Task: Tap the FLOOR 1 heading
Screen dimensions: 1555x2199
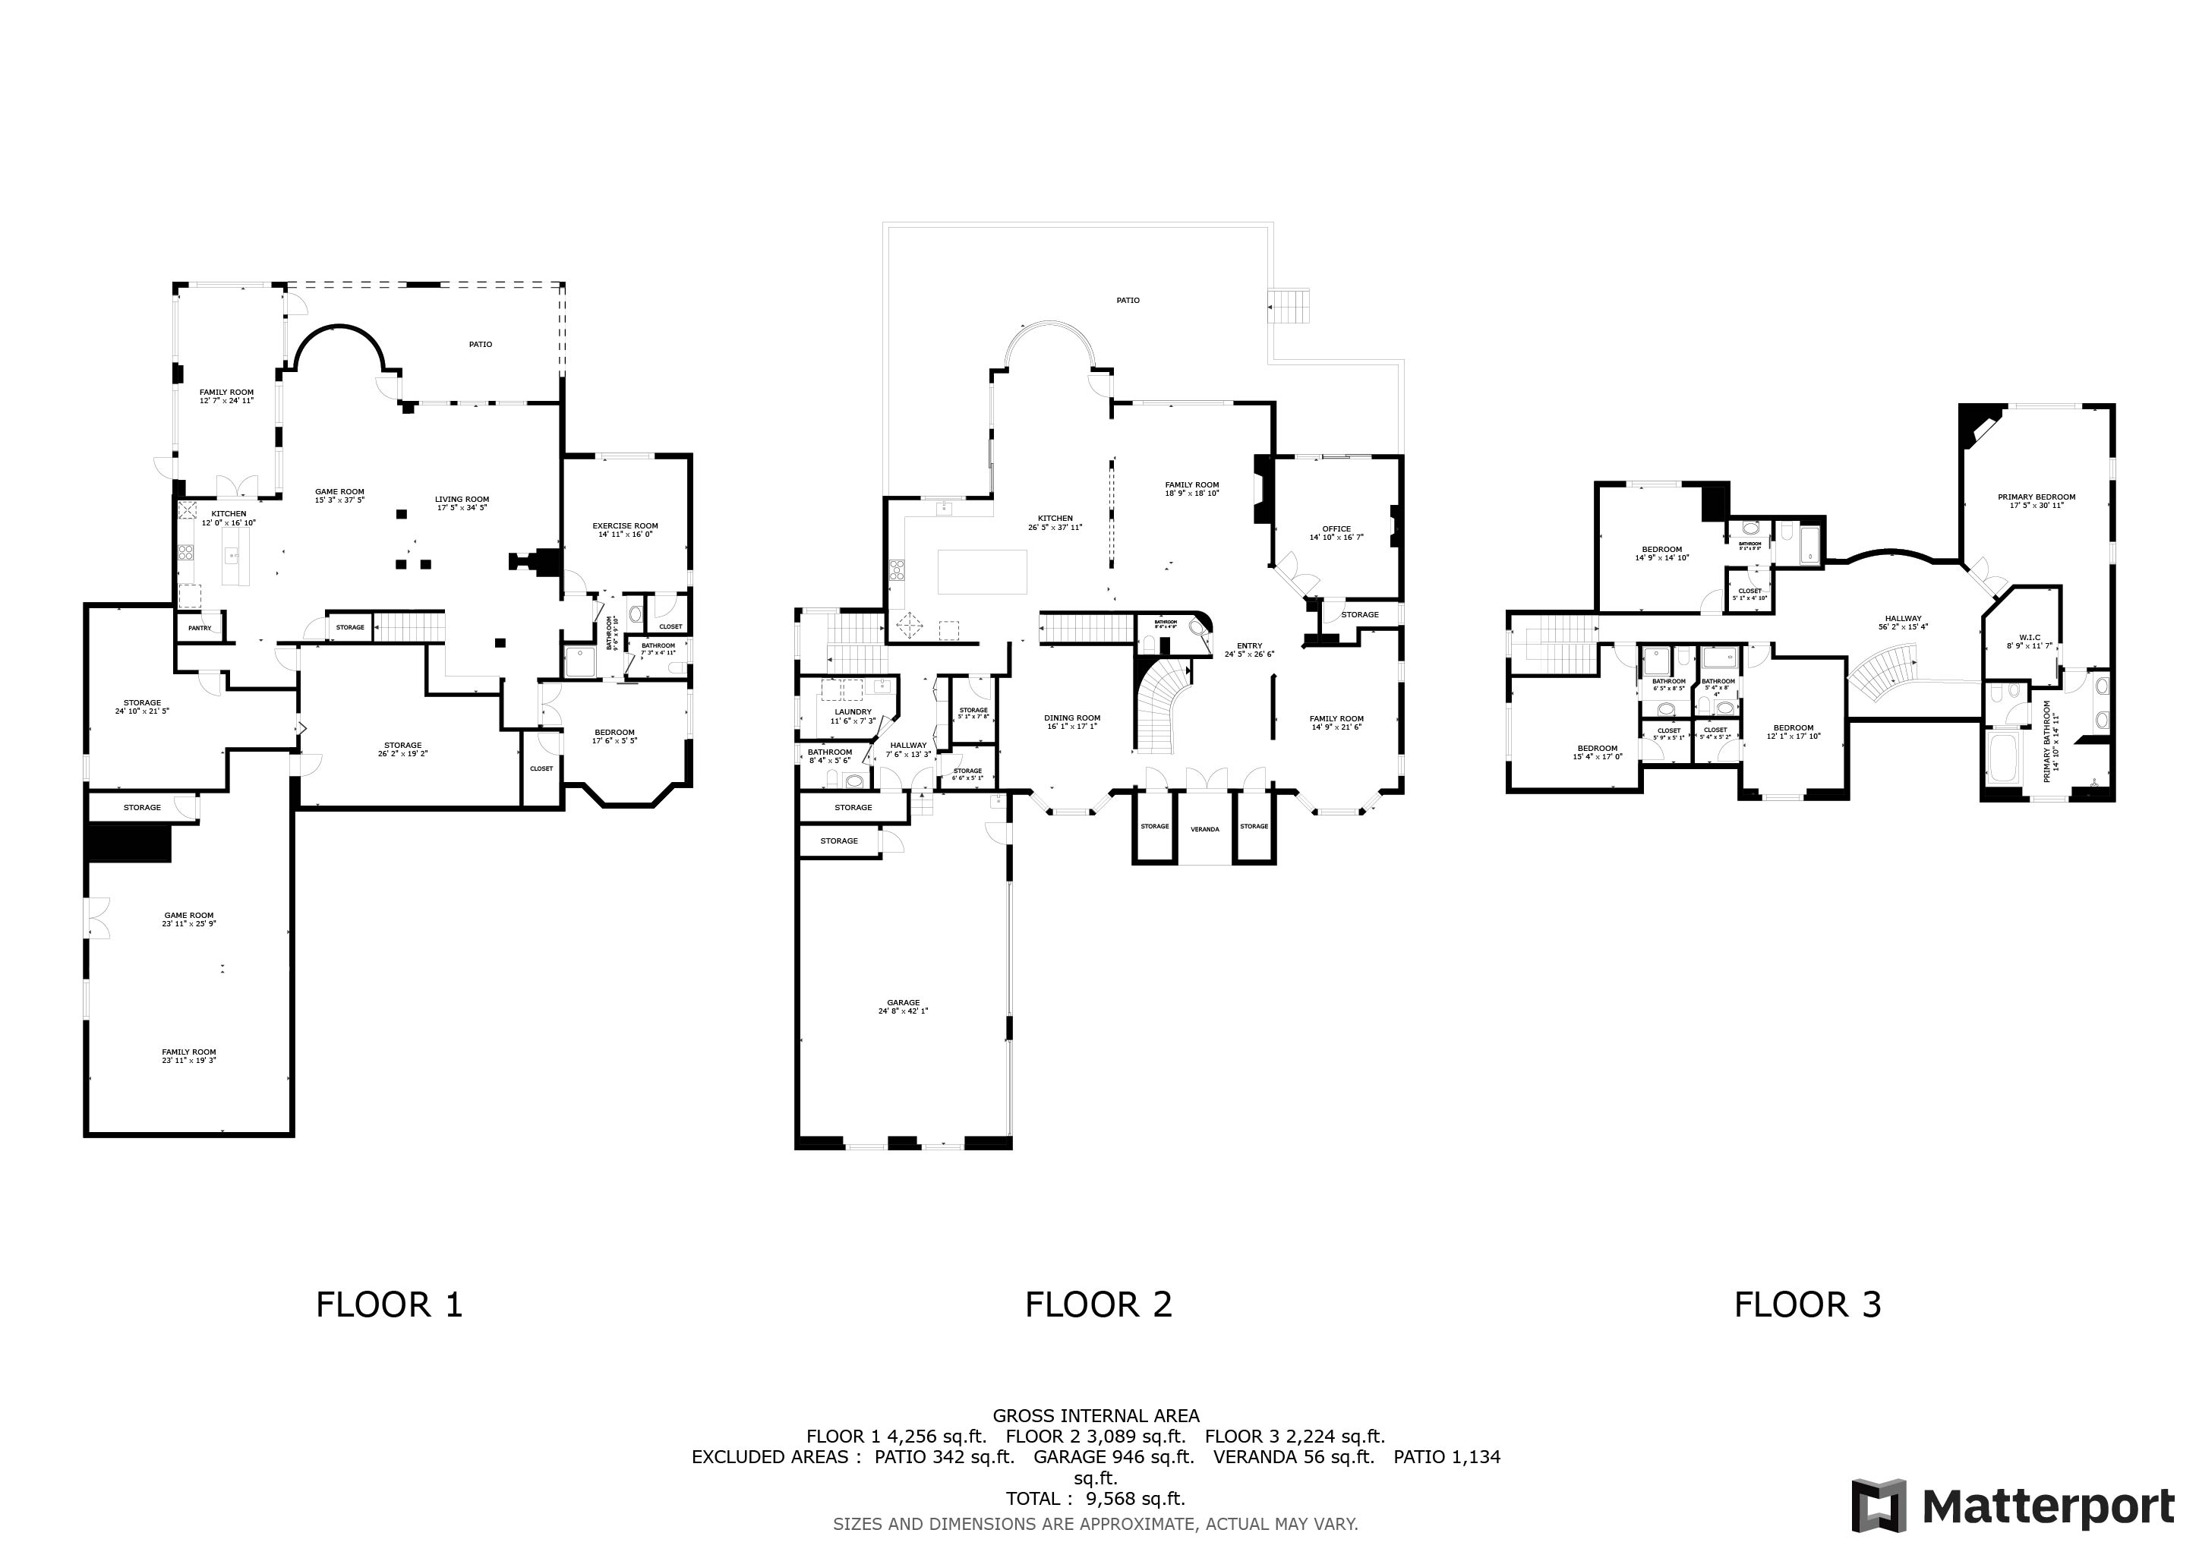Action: point(389,1304)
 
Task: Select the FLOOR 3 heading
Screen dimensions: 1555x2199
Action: point(1807,1304)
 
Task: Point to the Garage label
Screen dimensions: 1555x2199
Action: point(902,1002)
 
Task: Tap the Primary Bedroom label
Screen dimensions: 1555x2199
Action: point(2037,497)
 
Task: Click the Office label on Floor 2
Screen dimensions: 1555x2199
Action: point(1336,528)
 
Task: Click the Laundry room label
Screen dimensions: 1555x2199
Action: point(853,712)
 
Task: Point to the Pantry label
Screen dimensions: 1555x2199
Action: point(199,628)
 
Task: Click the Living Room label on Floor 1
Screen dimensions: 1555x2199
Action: point(462,499)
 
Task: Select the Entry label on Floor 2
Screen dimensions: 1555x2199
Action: point(1249,646)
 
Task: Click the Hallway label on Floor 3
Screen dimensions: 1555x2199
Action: point(1902,619)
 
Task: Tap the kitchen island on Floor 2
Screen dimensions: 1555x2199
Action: point(982,572)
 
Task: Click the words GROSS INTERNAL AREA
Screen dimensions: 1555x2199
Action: point(1096,1415)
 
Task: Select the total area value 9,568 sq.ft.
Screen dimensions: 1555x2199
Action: point(1135,1499)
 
